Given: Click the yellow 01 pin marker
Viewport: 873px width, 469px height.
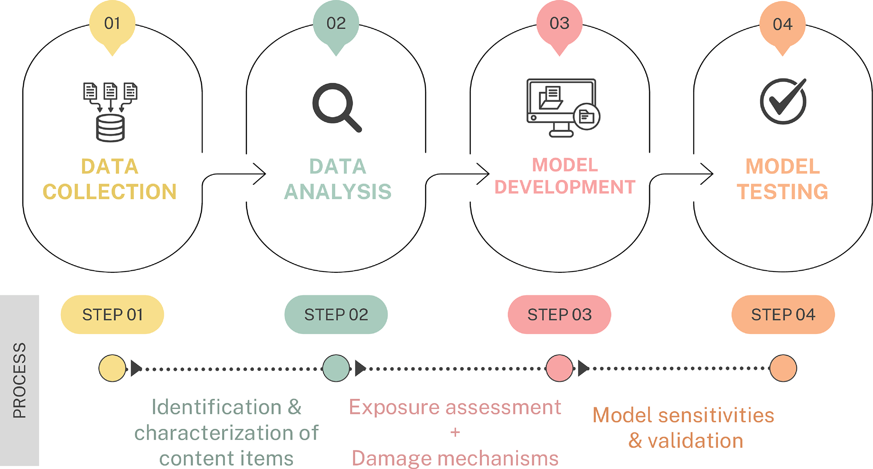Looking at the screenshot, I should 112,24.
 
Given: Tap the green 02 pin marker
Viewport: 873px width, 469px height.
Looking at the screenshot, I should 336,24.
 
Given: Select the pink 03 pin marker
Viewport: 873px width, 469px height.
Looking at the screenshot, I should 560,24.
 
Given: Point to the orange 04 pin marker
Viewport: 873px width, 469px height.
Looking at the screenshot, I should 783,25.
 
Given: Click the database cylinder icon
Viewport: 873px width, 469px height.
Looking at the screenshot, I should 110,128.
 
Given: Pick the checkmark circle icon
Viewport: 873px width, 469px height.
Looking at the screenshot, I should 783,101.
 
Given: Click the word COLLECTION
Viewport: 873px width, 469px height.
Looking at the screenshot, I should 110,192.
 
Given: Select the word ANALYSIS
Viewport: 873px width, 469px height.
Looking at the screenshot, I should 337,192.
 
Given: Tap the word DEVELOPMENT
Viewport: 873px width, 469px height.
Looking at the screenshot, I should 565,187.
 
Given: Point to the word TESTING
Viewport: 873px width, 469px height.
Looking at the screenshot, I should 783,192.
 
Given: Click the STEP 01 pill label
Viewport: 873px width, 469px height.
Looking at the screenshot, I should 112,315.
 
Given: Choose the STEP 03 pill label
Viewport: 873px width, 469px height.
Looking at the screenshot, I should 560,315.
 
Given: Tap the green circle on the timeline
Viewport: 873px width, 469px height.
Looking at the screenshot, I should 336,368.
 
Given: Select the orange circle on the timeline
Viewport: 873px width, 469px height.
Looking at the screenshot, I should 783,368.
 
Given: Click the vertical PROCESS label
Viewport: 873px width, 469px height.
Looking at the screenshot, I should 19,380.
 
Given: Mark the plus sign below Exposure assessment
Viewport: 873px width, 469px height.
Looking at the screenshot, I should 455,432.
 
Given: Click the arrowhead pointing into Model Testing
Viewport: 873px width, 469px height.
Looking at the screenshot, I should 707,174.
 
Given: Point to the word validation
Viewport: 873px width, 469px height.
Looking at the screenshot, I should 695,441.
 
